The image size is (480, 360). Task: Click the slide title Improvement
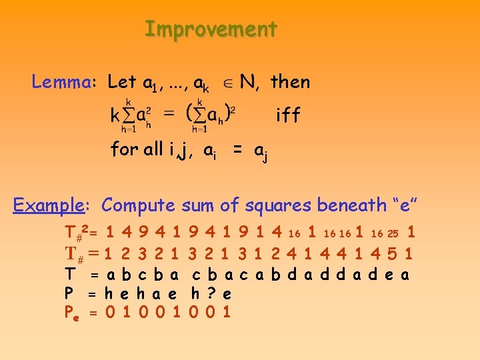click(211, 29)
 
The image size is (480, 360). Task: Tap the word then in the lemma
click(291, 82)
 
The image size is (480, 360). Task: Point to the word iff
click(289, 115)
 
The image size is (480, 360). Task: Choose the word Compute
click(139, 205)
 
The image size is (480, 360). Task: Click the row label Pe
click(71, 311)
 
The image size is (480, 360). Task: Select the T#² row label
click(78, 233)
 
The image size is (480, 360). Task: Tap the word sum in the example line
click(197, 205)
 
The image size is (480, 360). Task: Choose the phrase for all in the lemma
click(137, 149)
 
